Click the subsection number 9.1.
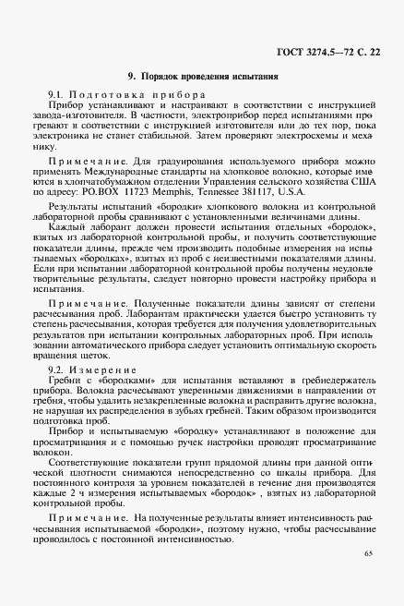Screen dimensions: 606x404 (x=56, y=96)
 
